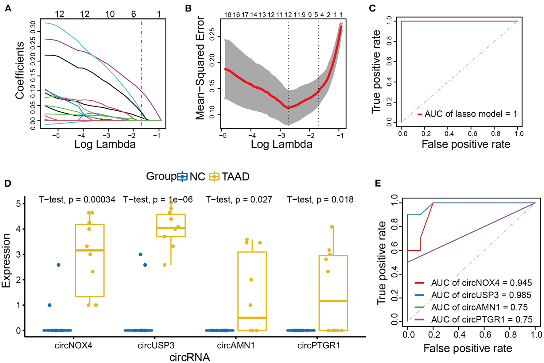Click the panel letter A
click(x=8, y=8)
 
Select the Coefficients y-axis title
click(x=20, y=70)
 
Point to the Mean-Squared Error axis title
click(x=200, y=68)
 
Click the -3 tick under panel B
click(x=281, y=135)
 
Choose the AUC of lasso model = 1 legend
click(x=467, y=114)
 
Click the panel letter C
click(x=372, y=8)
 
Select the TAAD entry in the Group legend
click(x=229, y=177)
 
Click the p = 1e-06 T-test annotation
click(x=158, y=200)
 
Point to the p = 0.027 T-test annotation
click(x=239, y=200)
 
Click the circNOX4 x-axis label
click(x=73, y=346)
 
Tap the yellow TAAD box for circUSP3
click(x=171, y=225)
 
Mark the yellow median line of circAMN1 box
click(x=252, y=318)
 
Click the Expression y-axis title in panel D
click(x=6, y=261)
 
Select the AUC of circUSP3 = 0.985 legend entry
click(x=473, y=295)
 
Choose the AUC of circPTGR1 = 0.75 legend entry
click(x=474, y=319)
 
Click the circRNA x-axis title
click(x=190, y=357)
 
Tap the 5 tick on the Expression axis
click(x=19, y=204)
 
